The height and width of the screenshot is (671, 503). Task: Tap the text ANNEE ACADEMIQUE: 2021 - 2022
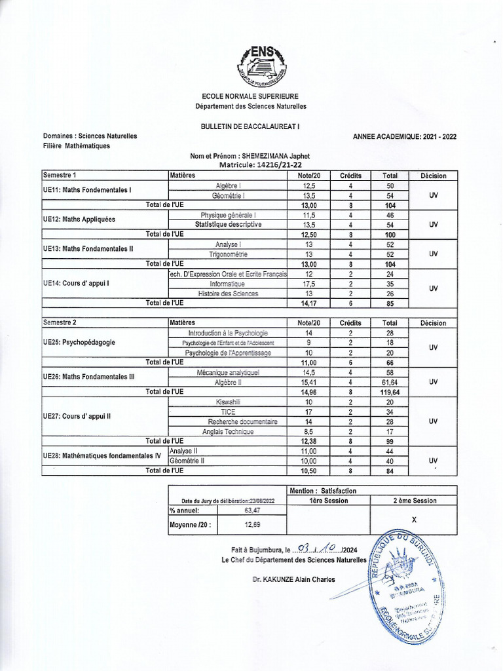click(405, 136)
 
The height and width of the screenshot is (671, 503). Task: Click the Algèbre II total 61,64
click(390, 382)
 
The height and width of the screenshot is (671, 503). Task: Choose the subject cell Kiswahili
click(227, 402)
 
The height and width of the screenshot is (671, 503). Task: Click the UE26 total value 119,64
click(390, 392)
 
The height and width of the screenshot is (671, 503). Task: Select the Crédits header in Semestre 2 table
click(350, 323)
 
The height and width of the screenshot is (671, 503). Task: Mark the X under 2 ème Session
click(413, 519)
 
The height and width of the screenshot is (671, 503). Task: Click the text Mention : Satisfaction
click(322, 490)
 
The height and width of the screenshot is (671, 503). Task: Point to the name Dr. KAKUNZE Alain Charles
click(293, 579)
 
